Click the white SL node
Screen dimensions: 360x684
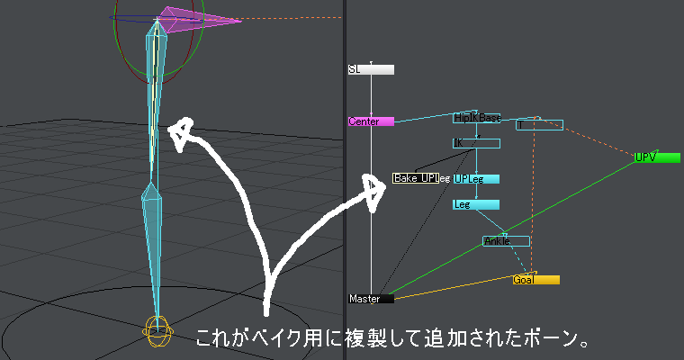[371, 69]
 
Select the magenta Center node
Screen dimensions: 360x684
[371, 121]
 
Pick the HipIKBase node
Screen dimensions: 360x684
[476, 118]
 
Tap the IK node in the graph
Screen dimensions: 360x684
[475, 143]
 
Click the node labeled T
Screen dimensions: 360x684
[540, 125]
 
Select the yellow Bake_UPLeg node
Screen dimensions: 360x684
[415, 178]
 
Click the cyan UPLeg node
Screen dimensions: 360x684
[476, 178]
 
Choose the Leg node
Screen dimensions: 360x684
[475, 204]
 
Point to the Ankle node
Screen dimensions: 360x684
[506, 241]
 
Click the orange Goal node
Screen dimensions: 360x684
[535, 280]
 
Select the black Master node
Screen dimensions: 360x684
[371, 298]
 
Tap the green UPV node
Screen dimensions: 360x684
[657, 157]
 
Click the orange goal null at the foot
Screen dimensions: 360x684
[157, 329]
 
